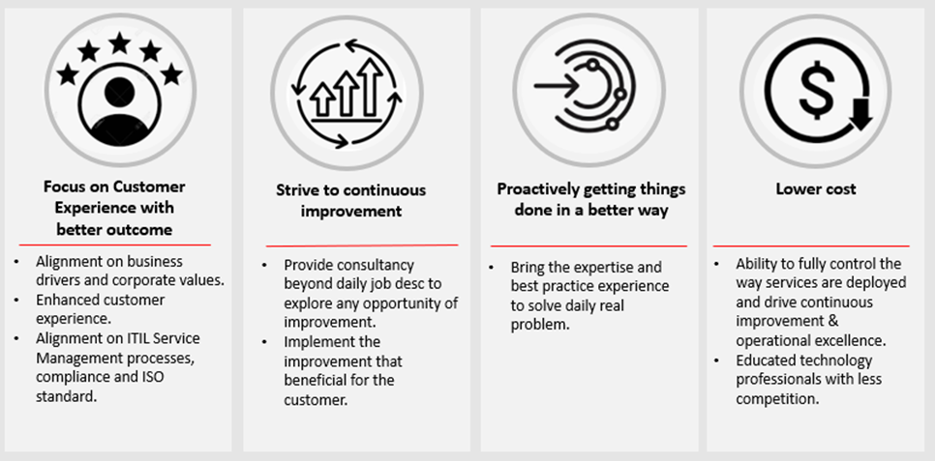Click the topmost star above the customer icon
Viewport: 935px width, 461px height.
click(x=120, y=43)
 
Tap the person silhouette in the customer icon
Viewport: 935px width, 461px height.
click(x=119, y=113)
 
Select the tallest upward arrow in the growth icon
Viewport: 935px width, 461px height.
click(x=372, y=87)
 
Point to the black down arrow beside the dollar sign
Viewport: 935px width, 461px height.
click(x=860, y=114)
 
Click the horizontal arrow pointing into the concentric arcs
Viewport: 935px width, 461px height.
click(x=556, y=86)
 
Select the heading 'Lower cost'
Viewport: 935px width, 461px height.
click(x=816, y=188)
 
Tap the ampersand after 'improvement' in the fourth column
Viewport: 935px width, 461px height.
click(x=833, y=321)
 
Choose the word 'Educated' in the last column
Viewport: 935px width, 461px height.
click(x=766, y=360)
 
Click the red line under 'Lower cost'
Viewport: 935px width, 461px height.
click(x=811, y=245)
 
